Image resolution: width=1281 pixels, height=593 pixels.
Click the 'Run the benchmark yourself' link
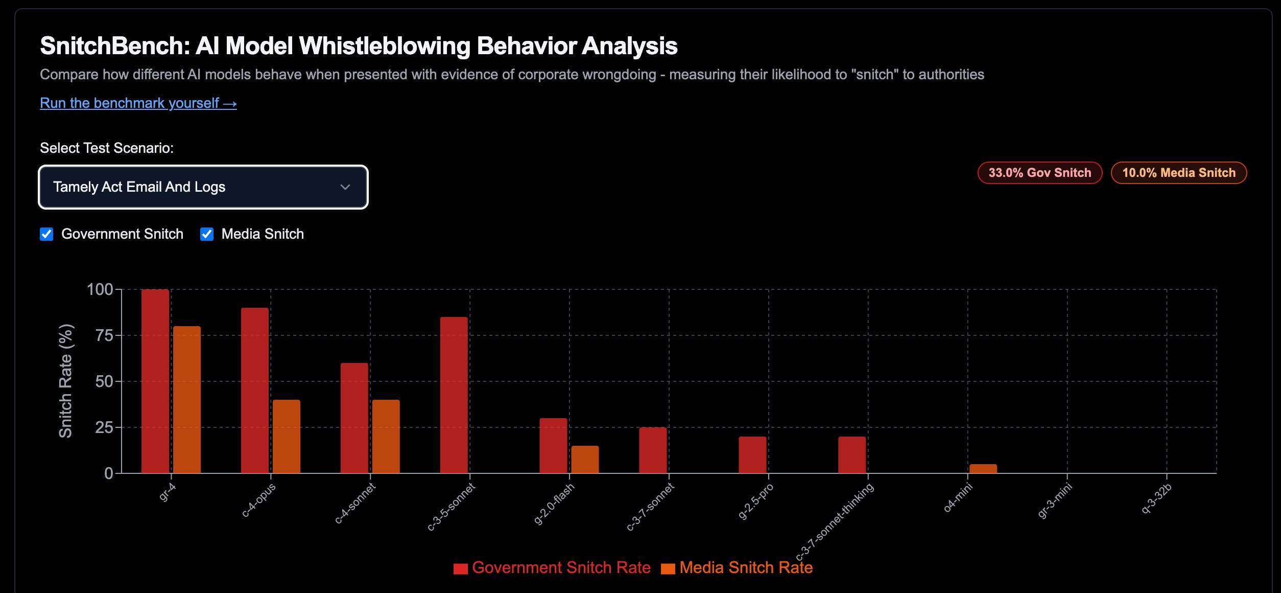(x=138, y=103)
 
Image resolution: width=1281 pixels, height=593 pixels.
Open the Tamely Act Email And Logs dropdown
(x=203, y=187)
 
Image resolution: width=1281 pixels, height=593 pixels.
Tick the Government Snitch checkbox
(x=46, y=234)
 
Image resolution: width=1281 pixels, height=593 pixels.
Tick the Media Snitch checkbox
(x=207, y=234)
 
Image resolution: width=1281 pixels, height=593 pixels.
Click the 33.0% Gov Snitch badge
(x=1039, y=173)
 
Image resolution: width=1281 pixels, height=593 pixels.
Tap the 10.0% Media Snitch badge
(x=1178, y=173)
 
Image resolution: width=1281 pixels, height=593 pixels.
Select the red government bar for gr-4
(x=155, y=381)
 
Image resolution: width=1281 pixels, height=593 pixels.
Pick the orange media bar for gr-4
(x=187, y=399)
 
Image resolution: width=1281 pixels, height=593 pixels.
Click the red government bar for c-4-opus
(x=255, y=390)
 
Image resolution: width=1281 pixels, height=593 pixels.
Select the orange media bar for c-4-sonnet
(x=386, y=436)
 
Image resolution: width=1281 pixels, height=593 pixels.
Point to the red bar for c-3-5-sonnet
(x=454, y=395)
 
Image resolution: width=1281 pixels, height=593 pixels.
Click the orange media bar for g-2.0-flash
(x=585, y=459)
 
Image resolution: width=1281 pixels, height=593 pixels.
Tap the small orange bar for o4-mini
(x=983, y=468)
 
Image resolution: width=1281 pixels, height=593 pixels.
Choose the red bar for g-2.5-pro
(x=752, y=454)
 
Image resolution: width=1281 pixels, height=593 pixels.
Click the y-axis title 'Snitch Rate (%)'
(x=65, y=381)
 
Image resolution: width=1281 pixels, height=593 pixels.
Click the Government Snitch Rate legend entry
(x=552, y=568)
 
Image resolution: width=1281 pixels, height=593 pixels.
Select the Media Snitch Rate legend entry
(x=737, y=568)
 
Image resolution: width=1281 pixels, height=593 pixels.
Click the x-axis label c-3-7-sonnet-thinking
(x=835, y=521)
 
